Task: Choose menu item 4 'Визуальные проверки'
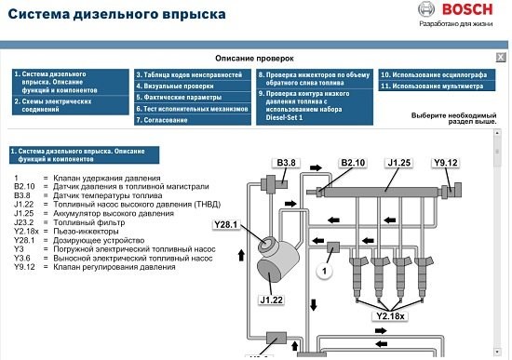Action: [177, 86]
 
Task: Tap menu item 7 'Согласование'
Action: [167, 119]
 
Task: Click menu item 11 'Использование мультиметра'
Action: [433, 86]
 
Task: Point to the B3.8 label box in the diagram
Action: [286, 163]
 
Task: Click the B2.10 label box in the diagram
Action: [353, 163]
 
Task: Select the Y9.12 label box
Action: [446, 163]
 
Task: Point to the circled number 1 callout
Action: [324, 271]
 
